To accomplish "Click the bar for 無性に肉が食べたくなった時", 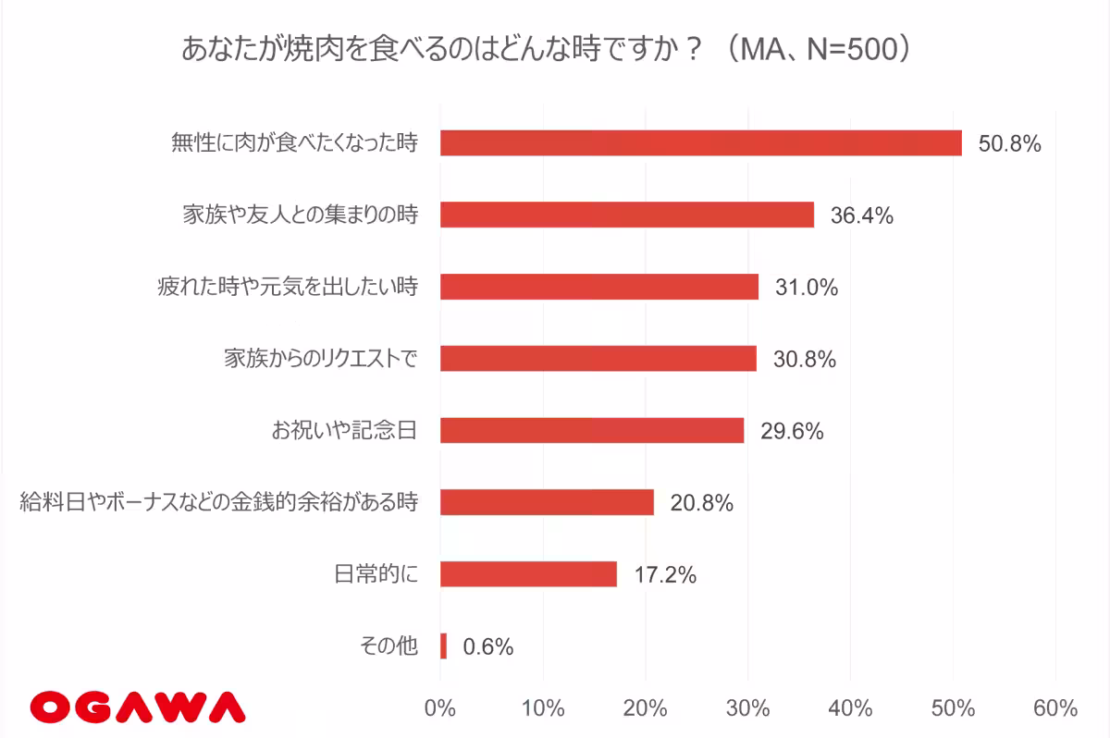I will point(700,143).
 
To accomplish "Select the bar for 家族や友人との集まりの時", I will point(626,215).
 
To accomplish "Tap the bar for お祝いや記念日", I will point(591,430).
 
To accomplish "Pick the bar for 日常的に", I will point(528,574).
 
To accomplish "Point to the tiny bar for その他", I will point(444,646).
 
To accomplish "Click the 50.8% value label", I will point(1010,144).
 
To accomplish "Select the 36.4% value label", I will point(861,215).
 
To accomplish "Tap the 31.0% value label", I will point(807,288).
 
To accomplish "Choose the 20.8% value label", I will point(702,503).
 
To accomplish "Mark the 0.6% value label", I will point(487,646).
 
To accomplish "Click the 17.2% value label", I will point(664,575).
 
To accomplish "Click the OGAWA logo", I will point(137,707).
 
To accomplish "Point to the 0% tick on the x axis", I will point(440,709).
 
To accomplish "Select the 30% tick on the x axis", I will point(748,709).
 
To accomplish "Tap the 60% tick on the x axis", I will point(1055,709).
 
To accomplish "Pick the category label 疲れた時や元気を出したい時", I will point(287,287).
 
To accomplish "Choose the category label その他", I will point(388,646).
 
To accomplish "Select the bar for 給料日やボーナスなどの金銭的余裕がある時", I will point(547,502).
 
